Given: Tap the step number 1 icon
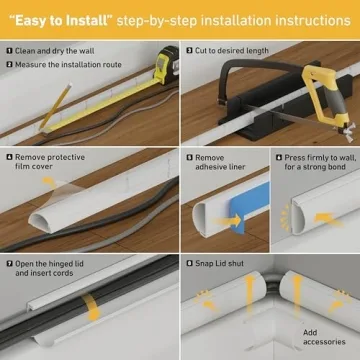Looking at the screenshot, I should coord(9,48).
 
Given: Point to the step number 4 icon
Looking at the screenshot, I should coord(9,157).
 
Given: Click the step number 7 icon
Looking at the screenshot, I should coord(9,264).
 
